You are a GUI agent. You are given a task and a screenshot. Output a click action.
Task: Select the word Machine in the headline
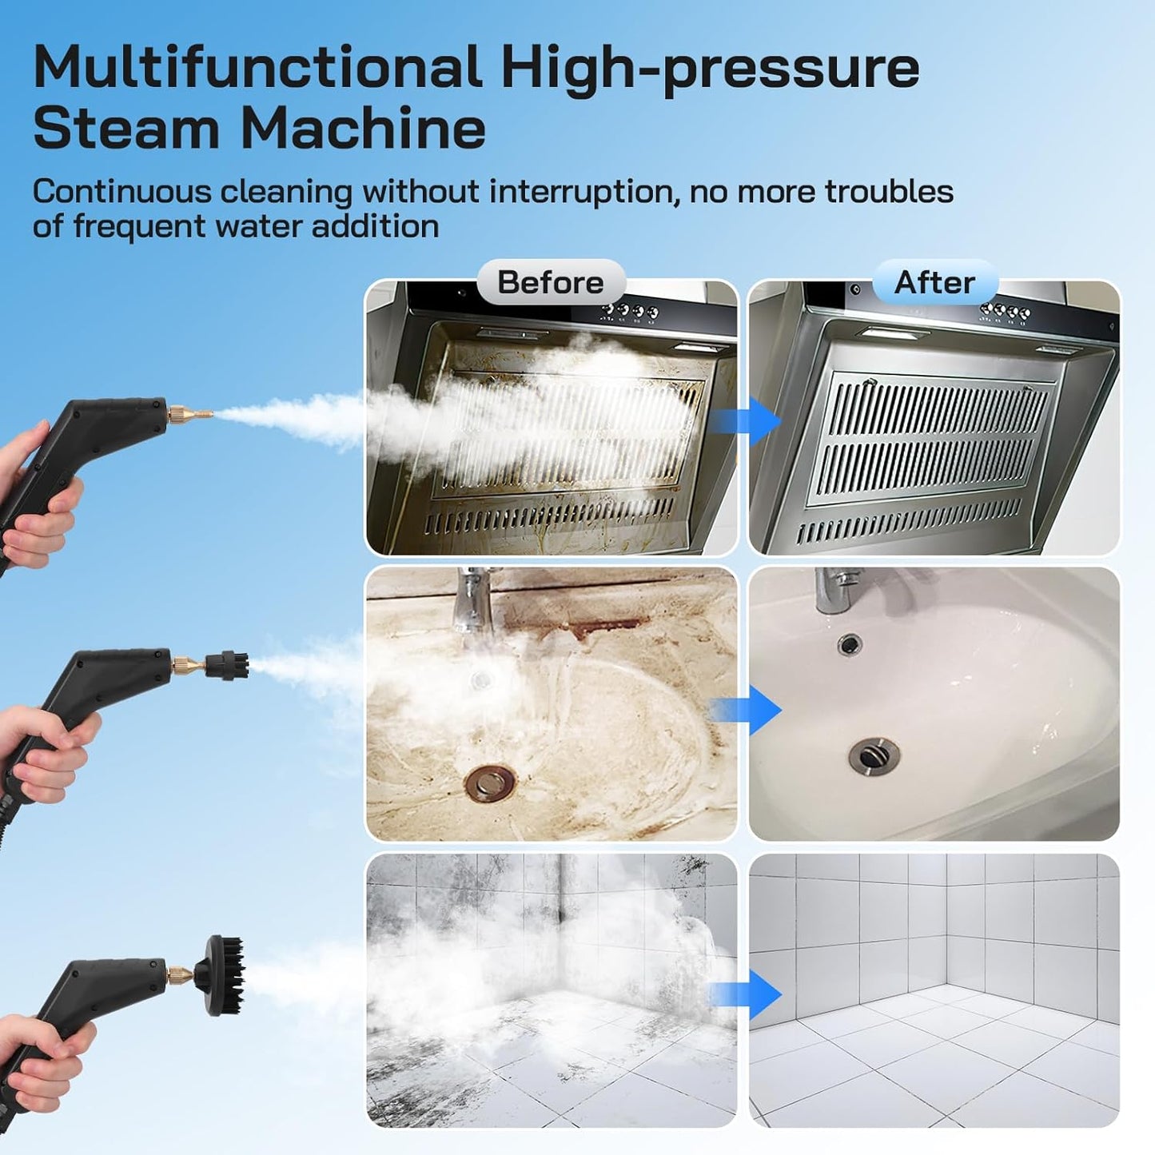tap(364, 128)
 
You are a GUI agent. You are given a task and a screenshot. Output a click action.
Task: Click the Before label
tap(551, 282)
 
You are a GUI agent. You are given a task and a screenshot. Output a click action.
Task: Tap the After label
tap(934, 282)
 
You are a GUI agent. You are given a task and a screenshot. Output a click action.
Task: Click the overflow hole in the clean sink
tap(849, 643)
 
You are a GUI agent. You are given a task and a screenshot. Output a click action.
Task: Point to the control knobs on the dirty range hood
tap(631, 311)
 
